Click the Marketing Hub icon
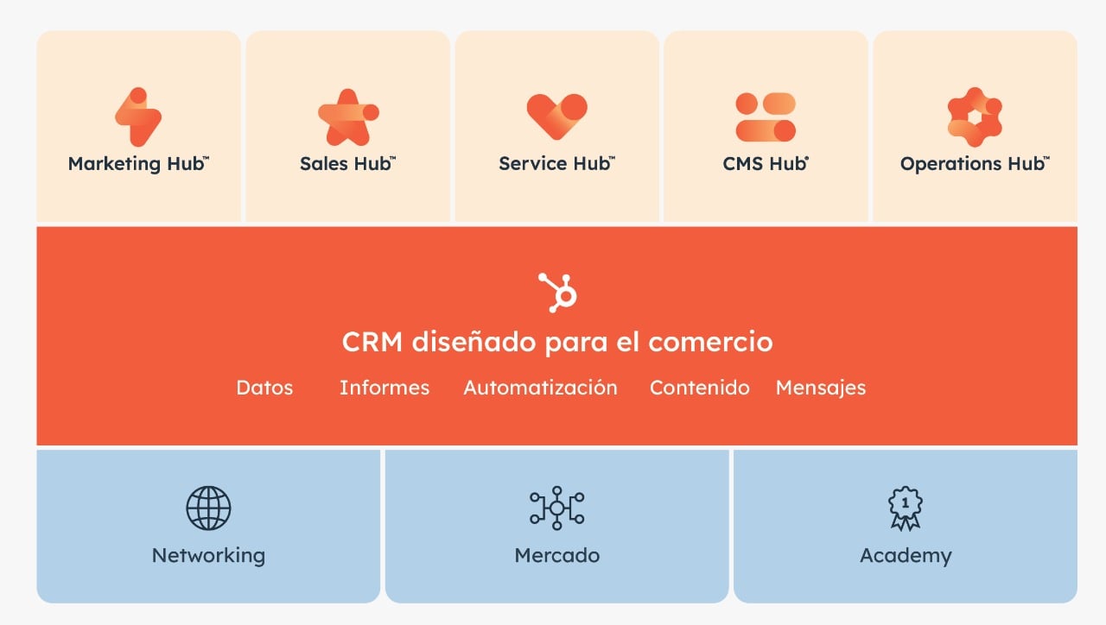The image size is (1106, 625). [x=138, y=117]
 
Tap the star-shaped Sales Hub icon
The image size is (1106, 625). [x=348, y=117]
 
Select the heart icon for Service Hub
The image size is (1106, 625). [x=556, y=117]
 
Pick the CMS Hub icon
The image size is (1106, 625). [x=766, y=117]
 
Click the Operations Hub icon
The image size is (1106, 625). [x=975, y=117]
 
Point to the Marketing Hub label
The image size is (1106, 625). [x=138, y=163]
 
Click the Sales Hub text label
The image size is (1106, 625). [x=347, y=163]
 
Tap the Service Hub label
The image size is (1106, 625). [x=556, y=163]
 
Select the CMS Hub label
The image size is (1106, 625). [x=766, y=163]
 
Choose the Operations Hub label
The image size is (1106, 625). [x=974, y=163]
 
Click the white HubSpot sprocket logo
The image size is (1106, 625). [x=557, y=292]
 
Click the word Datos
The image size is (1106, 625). [x=264, y=388]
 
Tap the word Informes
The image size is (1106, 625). [x=385, y=388]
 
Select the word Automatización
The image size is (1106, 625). [x=540, y=388]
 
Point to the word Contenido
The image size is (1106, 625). [x=700, y=388]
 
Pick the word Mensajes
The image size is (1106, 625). [x=821, y=388]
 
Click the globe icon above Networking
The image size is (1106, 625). [x=208, y=508]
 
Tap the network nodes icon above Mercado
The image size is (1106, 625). [x=556, y=508]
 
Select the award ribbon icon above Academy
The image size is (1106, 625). [x=906, y=508]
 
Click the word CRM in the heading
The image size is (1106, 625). [x=372, y=342]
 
